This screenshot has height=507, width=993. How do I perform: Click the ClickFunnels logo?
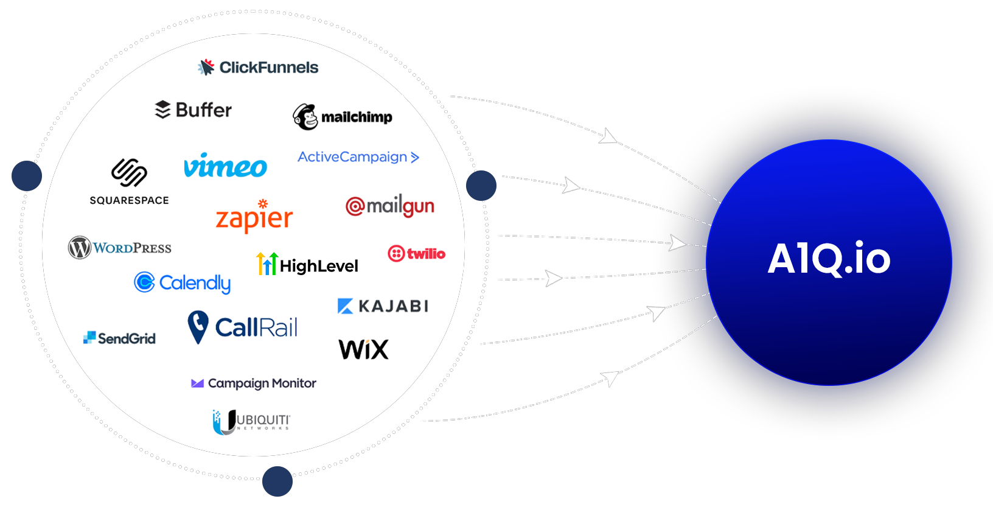pos(258,67)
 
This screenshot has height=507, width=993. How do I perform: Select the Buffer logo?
pos(193,110)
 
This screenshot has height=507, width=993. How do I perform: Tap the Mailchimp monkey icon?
pos(305,117)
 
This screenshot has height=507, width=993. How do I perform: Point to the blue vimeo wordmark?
pos(225,166)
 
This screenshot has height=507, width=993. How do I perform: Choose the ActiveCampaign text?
pos(352,157)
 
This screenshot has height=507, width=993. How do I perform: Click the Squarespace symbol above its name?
pos(129,172)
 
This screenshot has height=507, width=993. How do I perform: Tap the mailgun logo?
pos(390,207)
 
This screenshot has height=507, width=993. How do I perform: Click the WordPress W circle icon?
pos(80,248)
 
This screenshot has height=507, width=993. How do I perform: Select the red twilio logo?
pos(417,253)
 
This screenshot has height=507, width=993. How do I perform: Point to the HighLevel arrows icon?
pos(267,264)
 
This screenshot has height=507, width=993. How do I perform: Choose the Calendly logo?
pos(183,282)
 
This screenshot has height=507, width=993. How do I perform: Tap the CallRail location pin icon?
pos(198,326)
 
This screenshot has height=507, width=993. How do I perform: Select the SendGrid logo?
pos(119,338)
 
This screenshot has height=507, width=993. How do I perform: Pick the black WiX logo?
pos(363,349)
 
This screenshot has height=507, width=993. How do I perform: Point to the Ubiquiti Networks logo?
pos(251,421)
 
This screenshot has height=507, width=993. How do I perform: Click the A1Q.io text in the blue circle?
pos(829,259)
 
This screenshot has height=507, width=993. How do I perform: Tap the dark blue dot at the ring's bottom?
pos(277,481)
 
